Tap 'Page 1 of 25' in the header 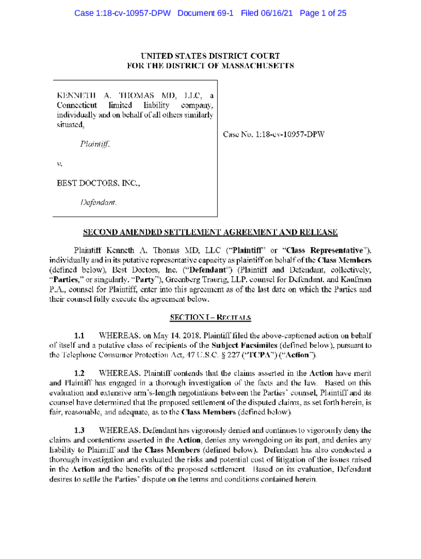(x=323, y=13)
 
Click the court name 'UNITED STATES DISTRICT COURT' (x=210, y=56)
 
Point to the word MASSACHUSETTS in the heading (x=252, y=66)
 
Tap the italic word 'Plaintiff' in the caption (x=95, y=145)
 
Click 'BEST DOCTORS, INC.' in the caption (x=98, y=183)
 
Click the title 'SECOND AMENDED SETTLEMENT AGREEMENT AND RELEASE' (x=210, y=233)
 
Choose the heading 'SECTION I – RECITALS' (x=210, y=317)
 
